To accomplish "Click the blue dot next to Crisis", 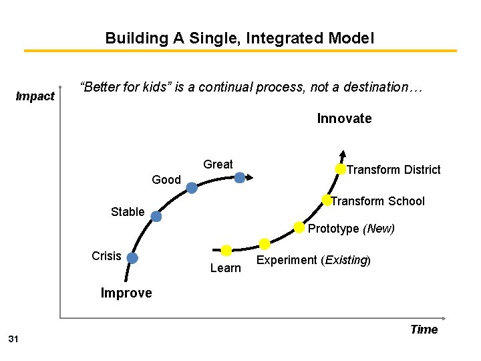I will pos(132,258).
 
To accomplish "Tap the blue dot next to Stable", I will pos(156,217).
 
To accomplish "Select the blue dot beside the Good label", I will pos(192,189).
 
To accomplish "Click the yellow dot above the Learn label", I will pos(226,251).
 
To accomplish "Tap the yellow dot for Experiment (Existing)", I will pos(265,244).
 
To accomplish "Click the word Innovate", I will pos(344,119).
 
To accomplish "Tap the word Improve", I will pos(126,293).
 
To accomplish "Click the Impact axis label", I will pos(35,96).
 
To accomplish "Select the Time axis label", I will pos(424,329).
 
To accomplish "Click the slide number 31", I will pos(13,340).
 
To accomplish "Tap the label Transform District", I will pos(393,170).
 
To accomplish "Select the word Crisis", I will pos(106,256).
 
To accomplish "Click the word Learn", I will pos(225,268).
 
